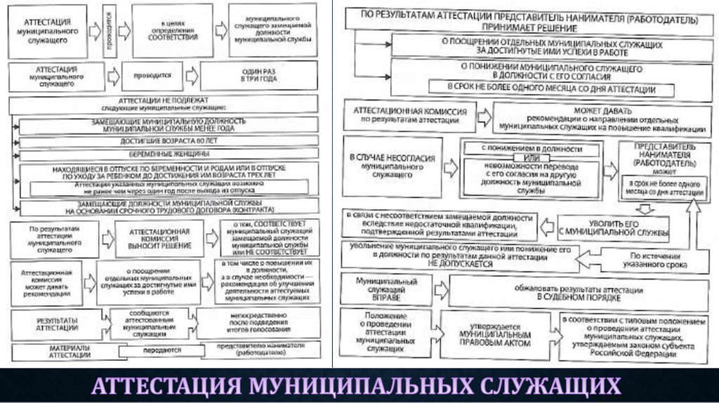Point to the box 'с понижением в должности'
[532, 149]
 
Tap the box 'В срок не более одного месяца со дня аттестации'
[552, 89]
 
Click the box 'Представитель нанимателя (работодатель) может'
[654, 159]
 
